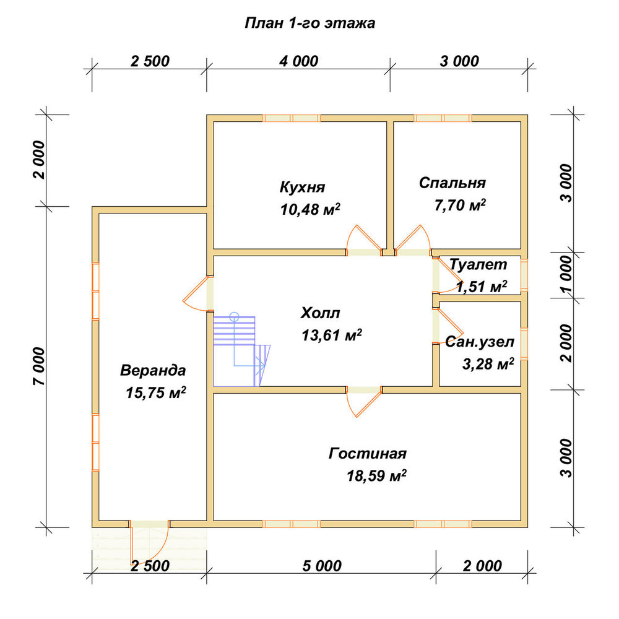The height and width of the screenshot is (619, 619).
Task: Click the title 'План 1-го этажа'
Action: (310, 24)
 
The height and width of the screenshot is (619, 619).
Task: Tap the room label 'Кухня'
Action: (303, 187)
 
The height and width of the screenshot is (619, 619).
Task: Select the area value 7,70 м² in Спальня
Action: (460, 205)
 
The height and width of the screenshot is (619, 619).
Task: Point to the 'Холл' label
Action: (320, 313)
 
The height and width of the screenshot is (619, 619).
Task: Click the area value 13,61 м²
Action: (332, 335)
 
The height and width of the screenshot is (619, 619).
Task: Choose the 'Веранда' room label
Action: (153, 371)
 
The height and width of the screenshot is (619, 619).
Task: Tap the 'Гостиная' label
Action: (368, 454)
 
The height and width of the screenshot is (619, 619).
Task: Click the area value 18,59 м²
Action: (376, 475)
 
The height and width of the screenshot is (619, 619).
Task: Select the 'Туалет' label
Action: (478, 264)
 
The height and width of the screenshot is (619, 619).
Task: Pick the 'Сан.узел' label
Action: (480, 342)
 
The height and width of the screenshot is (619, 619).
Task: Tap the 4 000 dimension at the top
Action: (298, 61)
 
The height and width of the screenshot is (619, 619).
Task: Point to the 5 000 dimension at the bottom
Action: (322, 566)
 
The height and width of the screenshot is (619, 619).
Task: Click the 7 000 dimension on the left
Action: (40, 366)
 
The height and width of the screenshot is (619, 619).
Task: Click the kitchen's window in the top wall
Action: (292, 118)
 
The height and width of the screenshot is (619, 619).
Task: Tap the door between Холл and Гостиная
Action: (364, 401)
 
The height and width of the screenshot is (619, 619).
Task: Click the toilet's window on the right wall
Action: (524, 274)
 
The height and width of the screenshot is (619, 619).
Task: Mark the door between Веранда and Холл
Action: (199, 293)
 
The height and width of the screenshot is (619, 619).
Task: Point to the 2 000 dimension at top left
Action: (40, 160)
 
